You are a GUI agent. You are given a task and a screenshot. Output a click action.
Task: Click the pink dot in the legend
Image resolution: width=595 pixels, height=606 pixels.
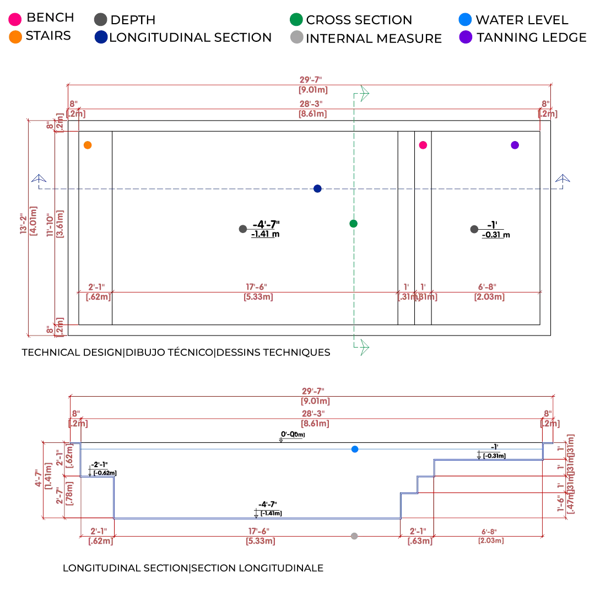(x=15, y=19)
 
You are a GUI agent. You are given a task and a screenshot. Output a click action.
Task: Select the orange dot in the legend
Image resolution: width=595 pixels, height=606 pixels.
(x=15, y=37)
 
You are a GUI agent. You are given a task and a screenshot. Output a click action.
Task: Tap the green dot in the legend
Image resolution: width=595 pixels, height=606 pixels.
(x=296, y=19)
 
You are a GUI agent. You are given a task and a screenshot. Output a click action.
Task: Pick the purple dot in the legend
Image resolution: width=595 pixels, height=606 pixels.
(x=466, y=37)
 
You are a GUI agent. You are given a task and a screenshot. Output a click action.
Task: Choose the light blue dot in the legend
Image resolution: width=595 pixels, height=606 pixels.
(x=466, y=20)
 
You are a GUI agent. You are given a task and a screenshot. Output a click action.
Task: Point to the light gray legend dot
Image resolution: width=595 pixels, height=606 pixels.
(x=296, y=37)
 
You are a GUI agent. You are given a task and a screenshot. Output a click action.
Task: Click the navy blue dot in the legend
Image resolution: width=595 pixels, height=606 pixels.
(x=100, y=37)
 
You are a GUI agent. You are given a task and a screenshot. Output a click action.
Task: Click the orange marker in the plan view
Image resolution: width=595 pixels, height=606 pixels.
(x=87, y=145)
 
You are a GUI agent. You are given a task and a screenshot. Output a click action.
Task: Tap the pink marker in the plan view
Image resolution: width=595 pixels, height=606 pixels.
(x=423, y=145)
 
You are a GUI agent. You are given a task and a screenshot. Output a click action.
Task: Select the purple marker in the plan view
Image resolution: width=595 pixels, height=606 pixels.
(x=514, y=145)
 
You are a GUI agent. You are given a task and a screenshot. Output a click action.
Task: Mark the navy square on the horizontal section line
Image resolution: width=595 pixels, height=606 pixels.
(x=317, y=188)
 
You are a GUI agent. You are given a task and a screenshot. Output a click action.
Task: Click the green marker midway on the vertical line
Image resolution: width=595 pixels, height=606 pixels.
(x=354, y=224)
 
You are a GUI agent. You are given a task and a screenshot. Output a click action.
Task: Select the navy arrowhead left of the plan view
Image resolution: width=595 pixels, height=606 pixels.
(x=39, y=180)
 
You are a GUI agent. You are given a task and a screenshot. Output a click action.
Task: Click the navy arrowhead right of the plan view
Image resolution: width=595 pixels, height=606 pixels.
(x=563, y=180)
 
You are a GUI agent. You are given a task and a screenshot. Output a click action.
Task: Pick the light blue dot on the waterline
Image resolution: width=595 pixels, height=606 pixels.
(x=355, y=450)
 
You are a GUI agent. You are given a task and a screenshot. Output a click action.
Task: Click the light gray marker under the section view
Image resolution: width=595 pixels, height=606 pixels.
(x=355, y=535)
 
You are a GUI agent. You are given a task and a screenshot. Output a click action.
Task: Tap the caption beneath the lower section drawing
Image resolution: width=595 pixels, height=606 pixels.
(x=193, y=569)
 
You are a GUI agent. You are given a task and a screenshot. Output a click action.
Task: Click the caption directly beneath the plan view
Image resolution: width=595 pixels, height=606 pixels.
(x=175, y=353)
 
